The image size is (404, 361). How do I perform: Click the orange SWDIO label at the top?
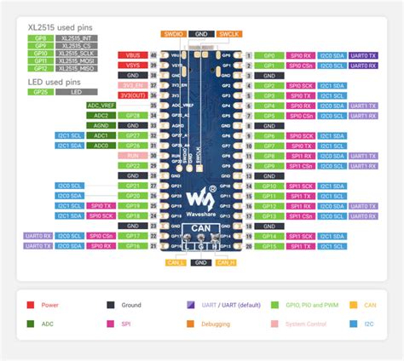(x=173, y=34)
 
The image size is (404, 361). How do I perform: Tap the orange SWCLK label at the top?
(x=228, y=34)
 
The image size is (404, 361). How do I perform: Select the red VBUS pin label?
(x=132, y=54)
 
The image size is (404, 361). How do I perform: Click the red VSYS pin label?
(x=132, y=64)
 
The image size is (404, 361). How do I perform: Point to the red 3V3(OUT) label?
(x=132, y=95)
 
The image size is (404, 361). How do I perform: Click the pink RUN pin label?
(x=132, y=156)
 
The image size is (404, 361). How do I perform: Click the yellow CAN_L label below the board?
(x=176, y=262)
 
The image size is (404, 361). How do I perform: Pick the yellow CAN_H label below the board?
(x=227, y=262)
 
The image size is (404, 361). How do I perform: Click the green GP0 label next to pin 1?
(x=269, y=54)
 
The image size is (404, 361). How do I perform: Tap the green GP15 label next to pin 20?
(x=269, y=246)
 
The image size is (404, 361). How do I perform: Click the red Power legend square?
(x=31, y=305)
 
